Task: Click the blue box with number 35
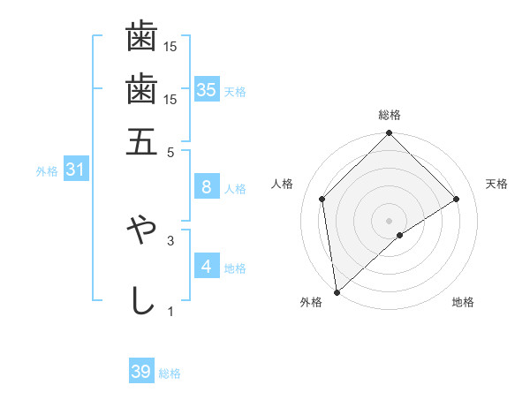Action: pos(207,89)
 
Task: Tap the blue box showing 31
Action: pos(75,170)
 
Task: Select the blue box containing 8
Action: pos(206,186)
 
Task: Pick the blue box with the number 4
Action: pos(206,266)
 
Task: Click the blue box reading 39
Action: pos(141,372)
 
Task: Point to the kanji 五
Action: pos(141,141)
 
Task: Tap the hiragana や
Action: pos(141,228)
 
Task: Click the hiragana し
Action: pos(141,300)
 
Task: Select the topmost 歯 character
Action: pos(141,38)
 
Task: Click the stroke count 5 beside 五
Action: pos(171,151)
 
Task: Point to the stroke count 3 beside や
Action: pos(171,238)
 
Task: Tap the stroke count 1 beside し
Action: pos(171,311)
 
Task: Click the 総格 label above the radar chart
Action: pos(390,115)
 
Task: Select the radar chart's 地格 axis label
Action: pos(463,303)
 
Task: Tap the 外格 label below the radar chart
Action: pos(311,303)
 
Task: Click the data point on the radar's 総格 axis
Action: pos(390,134)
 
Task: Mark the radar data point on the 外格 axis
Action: pos(337,291)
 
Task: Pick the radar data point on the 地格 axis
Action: pos(400,235)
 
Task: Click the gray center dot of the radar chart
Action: pos(390,220)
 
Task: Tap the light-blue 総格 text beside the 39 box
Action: pos(170,373)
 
